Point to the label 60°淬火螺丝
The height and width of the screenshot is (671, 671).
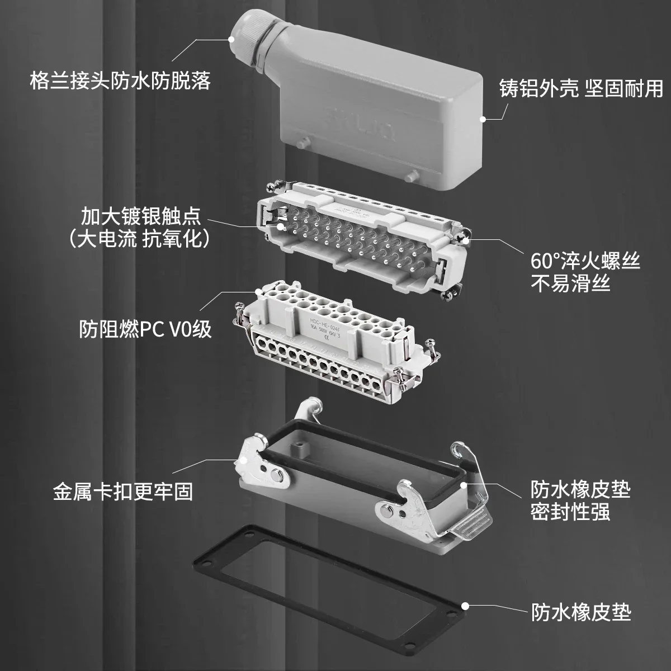click(585, 261)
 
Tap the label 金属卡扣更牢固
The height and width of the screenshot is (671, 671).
click(123, 492)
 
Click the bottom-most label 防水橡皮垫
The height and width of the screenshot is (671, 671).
click(580, 612)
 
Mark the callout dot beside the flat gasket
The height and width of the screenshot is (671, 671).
click(465, 606)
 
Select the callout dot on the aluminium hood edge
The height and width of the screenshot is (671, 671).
click(482, 119)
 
